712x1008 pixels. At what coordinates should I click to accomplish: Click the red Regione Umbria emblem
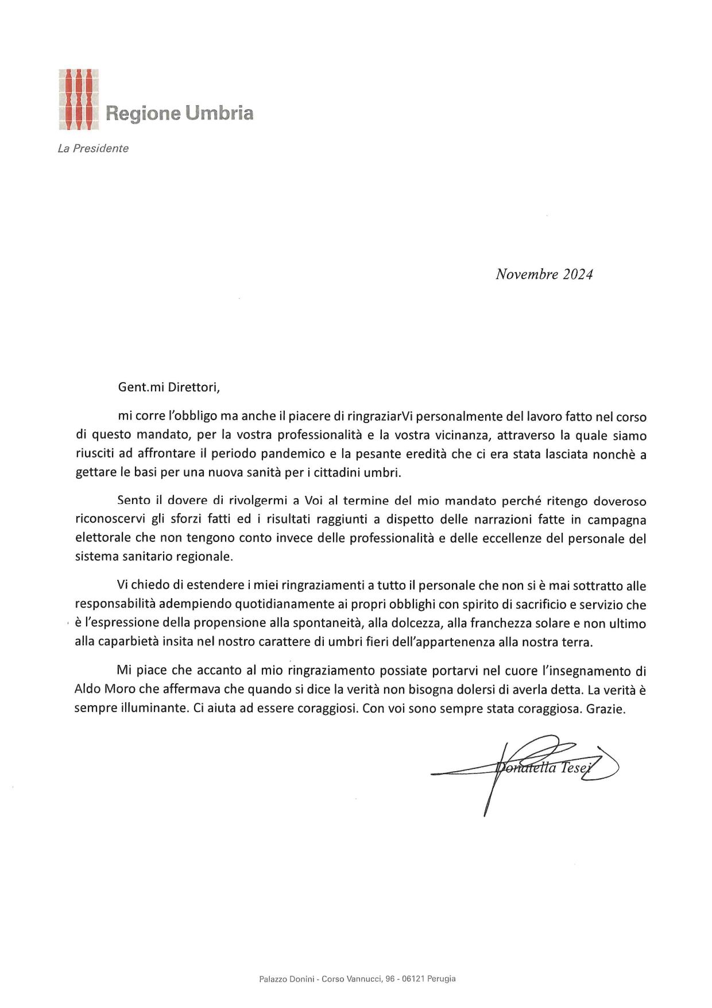click(79, 99)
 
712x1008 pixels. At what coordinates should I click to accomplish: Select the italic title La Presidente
click(93, 148)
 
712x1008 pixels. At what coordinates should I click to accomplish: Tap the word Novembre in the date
click(527, 274)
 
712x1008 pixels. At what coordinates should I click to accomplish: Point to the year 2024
click(578, 274)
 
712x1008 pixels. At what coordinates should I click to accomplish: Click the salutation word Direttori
click(194, 387)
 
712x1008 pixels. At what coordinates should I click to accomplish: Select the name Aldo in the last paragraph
click(87, 689)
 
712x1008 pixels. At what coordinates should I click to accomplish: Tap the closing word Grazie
click(605, 708)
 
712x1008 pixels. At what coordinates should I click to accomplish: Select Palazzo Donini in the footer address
click(287, 979)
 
